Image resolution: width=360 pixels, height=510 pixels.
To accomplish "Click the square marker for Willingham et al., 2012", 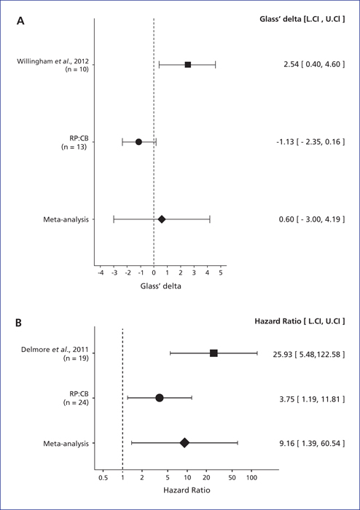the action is click(187, 65).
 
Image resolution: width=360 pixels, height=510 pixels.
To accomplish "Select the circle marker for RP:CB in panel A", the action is click(138, 142).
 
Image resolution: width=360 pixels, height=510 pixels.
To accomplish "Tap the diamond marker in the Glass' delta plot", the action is click(162, 219).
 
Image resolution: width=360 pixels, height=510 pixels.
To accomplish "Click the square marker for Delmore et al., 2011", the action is click(214, 353).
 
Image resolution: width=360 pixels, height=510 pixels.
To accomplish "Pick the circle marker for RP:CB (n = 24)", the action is click(160, 398).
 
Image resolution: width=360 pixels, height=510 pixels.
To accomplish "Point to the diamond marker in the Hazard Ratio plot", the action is click(184, 443).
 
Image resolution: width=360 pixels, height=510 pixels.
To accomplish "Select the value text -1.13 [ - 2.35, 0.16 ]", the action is click(309, 142).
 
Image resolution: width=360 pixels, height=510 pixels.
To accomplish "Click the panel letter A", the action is click(20, 21).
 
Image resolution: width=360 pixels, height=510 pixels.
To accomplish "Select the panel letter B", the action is click(19, 323).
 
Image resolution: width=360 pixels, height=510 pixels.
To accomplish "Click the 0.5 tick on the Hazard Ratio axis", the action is click(103, 478).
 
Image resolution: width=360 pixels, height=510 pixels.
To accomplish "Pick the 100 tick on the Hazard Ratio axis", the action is click(251, 478).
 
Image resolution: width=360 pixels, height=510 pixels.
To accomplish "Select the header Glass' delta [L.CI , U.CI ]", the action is click(302, 19).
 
